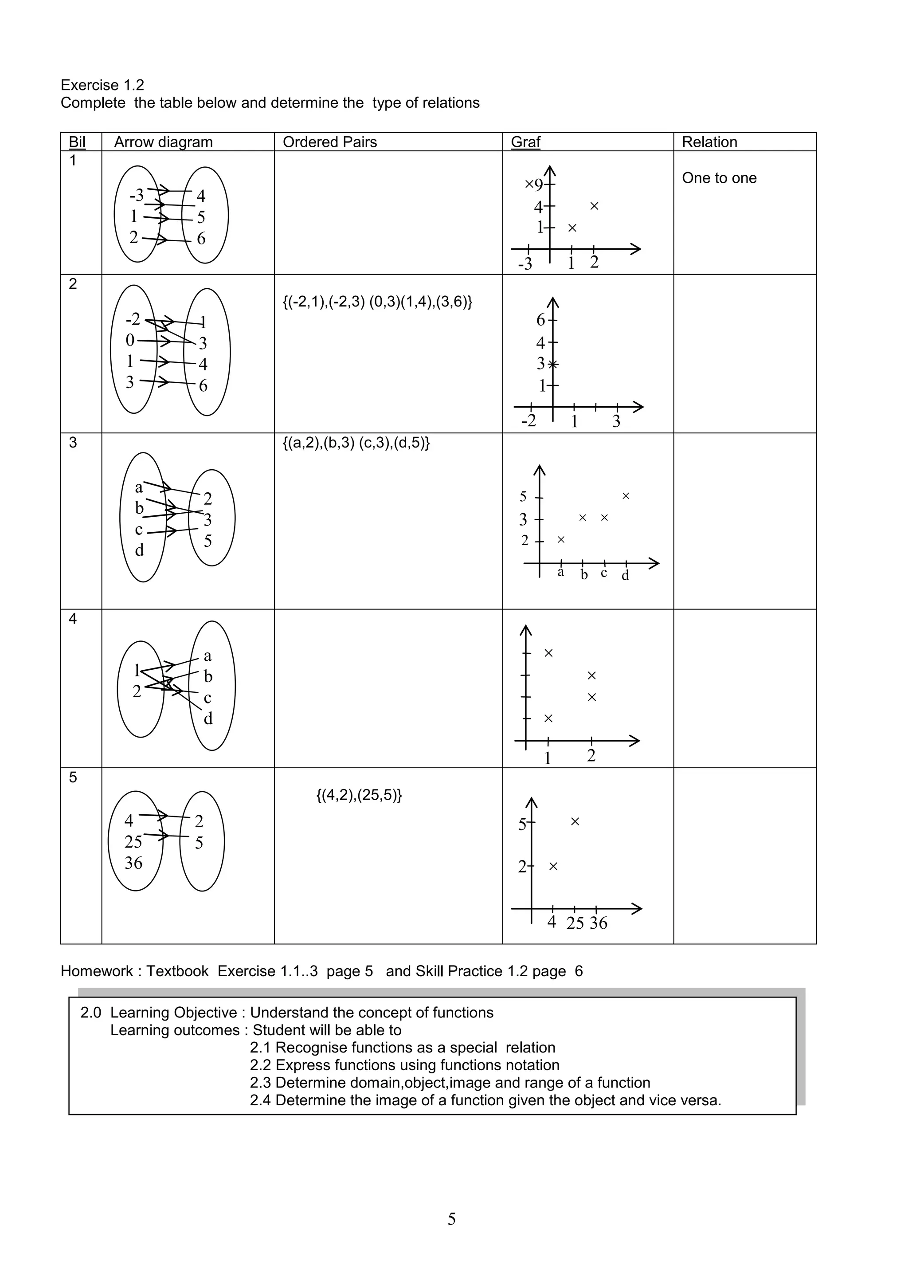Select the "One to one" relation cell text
pos(719,178)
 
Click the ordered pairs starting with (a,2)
pos(356,443)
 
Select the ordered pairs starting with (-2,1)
pos(377,302)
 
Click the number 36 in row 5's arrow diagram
pos(133,863)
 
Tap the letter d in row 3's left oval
pos(139,551)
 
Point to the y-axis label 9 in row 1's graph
pos(538,185)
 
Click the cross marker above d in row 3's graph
pos(626,496)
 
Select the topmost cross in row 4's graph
pos(548,653)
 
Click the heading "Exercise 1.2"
pos(102,85)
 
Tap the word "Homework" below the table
pos(97,971)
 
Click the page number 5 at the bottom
pos(452,1218)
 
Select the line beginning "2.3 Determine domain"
pos(450,1083)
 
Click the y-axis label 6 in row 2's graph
pos(540,320)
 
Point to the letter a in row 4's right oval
pos(207,656)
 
